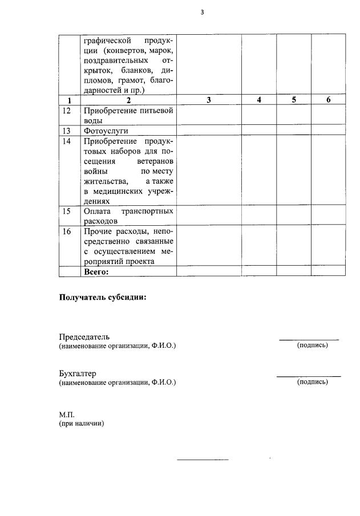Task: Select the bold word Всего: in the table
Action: click(96, 272)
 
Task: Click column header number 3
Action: click(208, 100)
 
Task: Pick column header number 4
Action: click(259, 100)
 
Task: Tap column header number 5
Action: click(294, 100)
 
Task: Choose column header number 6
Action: click(328, 100)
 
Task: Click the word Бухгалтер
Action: click(78, 373)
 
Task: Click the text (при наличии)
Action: click(82, 424)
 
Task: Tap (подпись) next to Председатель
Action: click(312, 346)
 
